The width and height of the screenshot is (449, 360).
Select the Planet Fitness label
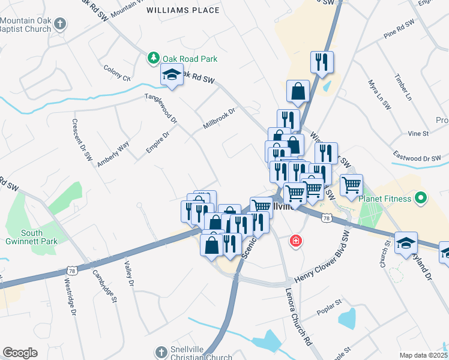coord(385,199)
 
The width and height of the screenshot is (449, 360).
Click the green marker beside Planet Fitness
coord(421,197)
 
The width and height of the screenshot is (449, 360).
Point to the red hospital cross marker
coord(296,241)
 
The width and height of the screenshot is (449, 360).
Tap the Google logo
coord(20,353)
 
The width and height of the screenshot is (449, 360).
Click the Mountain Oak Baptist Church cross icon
coord(59,24)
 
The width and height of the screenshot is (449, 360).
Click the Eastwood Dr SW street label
coord(415,157)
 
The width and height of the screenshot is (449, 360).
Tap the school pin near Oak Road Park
coord(172,76)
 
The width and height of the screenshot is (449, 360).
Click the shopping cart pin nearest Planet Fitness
coord(351,185)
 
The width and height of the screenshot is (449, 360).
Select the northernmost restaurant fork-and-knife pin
coord(322,62)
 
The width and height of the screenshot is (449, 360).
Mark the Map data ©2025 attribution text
coord(424,355)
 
